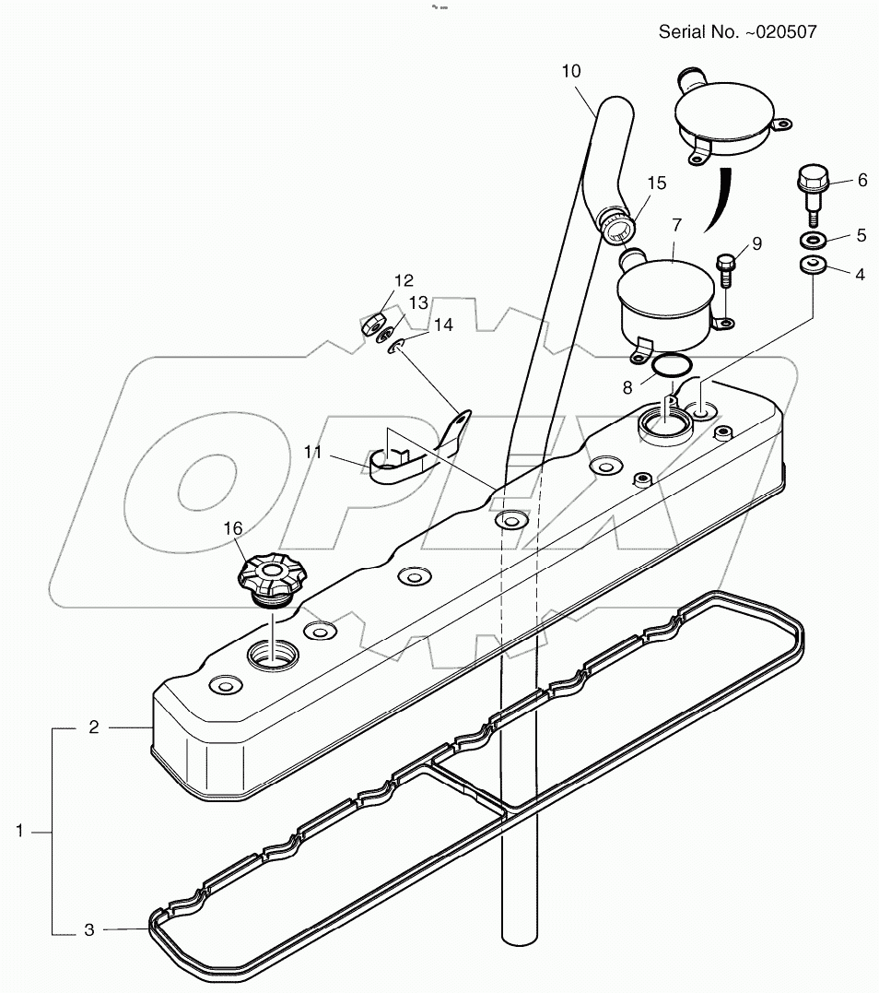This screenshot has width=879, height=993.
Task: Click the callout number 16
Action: point(232,527)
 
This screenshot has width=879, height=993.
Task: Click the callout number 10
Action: point(571,69)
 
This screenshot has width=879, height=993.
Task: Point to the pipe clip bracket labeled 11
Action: point(405,459)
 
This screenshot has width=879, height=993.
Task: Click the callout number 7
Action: point(676,224)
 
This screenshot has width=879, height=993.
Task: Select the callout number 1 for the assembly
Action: point(19,831)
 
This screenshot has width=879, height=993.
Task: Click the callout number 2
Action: point(94,727)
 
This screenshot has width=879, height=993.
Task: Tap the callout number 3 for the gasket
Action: point(89,930)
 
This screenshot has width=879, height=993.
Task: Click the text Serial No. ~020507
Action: point(737,32)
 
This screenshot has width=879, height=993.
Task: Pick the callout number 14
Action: point(444,325)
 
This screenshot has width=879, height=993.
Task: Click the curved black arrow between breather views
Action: point(719,198)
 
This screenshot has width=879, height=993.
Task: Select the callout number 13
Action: point(418,302)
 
